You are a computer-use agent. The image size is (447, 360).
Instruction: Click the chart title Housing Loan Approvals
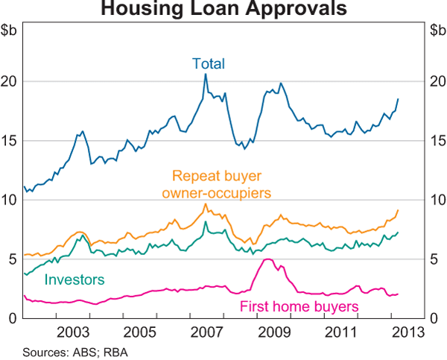223,10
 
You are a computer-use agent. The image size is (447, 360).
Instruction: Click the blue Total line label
208,63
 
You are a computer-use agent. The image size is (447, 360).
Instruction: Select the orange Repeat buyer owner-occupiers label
220,185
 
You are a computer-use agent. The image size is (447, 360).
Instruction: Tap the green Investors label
74,280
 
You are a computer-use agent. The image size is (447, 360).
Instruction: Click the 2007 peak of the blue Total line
206,74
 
